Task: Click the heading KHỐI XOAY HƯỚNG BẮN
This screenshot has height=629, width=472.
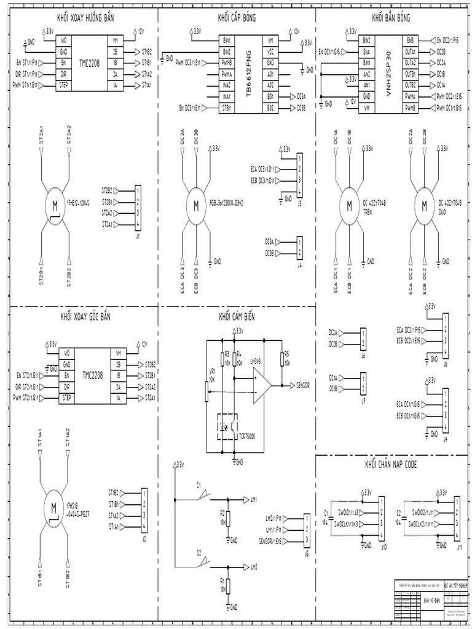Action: [84, 17]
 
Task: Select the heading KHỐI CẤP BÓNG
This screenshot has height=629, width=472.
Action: [237, 17]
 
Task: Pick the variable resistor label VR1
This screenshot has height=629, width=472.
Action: [213, 372]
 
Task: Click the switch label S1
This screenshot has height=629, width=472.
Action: [199, 485]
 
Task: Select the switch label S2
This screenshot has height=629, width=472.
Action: [199, 552]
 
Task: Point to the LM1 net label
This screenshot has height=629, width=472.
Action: [257, 499]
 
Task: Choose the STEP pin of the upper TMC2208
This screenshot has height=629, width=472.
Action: [65, 85]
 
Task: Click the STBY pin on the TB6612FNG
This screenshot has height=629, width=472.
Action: [227, 108]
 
